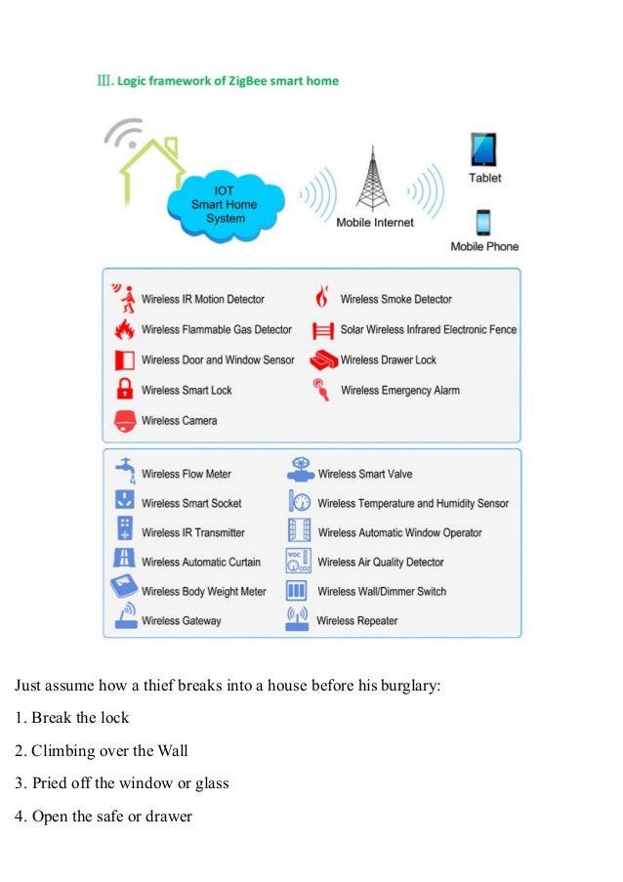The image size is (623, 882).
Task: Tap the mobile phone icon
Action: (x=483, y=222)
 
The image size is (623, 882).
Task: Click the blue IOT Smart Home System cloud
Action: (x=225, y=204)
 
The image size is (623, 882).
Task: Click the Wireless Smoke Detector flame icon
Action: (x=321, y=298)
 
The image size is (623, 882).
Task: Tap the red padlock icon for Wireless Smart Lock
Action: (x=125, y=389)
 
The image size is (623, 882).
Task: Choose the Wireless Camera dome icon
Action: (x=125, y=420)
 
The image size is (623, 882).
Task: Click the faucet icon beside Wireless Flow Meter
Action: (x=124, y=471)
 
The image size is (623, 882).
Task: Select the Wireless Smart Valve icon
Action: (x=300, y=472)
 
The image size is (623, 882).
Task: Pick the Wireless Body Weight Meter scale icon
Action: (x=124, y=590)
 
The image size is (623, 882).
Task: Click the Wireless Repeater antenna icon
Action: (x=298, y=619)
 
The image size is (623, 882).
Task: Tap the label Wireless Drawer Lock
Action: (x=388, y=359)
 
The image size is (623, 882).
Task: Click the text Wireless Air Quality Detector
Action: (x=380, y=562)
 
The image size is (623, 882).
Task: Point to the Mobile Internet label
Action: (x=374, y=223)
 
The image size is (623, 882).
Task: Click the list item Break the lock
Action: (x=72, y=718)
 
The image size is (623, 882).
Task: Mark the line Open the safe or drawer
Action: (x=104, y=816)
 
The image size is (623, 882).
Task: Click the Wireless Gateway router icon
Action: (x=125, y=619)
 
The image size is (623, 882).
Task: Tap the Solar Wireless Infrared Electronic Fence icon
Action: (x=322, y=329)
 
